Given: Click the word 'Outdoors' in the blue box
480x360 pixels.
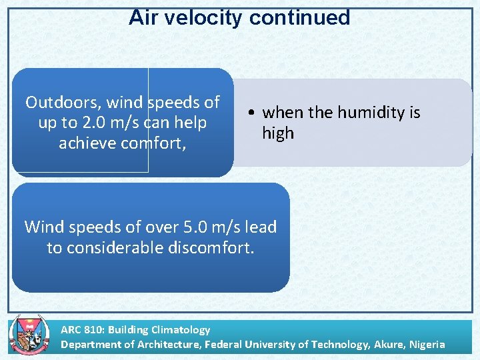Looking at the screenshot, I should point(63,103).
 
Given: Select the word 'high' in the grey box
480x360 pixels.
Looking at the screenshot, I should point(277,133).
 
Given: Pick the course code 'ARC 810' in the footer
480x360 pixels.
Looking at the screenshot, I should point(81,329).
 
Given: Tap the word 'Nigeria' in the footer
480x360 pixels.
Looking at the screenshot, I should point(423,344).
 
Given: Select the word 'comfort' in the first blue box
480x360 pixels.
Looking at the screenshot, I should point(160,143).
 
